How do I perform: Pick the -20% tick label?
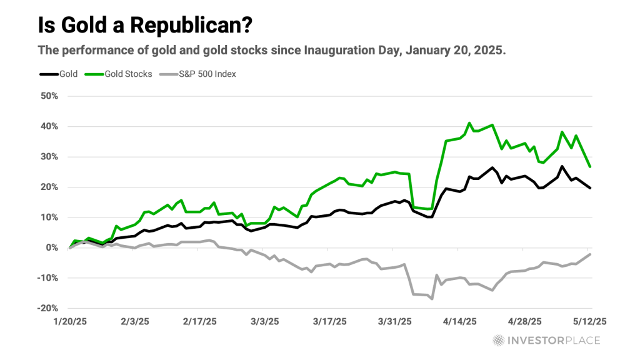point(48,308)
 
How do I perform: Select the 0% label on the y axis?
point(52,247)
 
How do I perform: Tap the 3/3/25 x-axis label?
point(265,322)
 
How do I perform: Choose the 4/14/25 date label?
point(459,322)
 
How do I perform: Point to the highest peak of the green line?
point(469,123)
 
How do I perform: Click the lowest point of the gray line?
point(432,299)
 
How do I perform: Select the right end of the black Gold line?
point(591,187)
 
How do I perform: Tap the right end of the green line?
point(591,166)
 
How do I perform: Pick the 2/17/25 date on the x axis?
point(199,322)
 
